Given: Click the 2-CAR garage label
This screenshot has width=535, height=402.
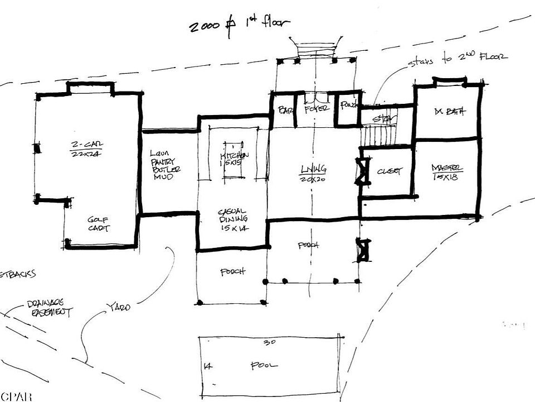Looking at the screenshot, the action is click(84, 150).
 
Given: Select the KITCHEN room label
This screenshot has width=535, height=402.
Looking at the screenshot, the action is click(234, 160).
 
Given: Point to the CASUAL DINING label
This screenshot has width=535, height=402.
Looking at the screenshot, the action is click(232, 220).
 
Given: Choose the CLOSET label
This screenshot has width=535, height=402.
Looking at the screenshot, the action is click(389, 171).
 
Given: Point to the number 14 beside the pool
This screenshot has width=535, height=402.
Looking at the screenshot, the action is click(207, 366).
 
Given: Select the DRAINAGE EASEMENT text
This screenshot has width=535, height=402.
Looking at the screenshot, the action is click(49, 309).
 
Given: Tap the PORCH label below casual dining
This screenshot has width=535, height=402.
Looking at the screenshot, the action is click(232, 272).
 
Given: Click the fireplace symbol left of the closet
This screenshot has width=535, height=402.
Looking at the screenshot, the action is click(363, 171).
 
